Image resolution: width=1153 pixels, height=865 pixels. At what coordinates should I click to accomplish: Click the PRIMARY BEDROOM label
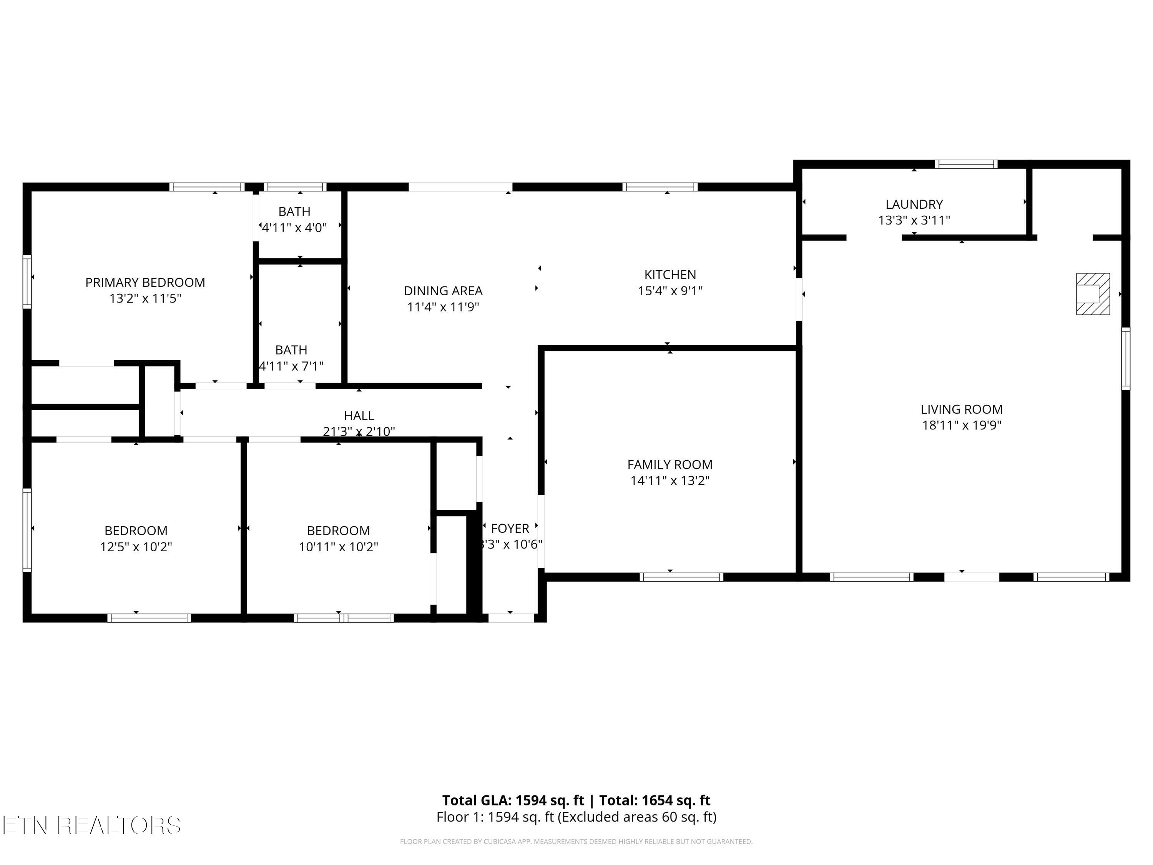pos(145,283)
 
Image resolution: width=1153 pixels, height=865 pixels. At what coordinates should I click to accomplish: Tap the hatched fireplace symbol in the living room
pos(1093,294)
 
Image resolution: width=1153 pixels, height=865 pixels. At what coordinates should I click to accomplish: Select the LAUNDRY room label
pos(914,205)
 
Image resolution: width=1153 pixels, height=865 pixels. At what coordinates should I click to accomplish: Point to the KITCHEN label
pos(670,275)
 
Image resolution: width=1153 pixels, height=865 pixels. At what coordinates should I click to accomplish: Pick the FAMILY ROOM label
pos(670,464)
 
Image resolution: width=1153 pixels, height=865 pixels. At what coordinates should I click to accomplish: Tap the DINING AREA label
pos(443,291)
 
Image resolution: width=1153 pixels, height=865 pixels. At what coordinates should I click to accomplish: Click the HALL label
pos(359,416)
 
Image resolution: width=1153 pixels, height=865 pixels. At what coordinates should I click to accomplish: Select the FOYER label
pos(510,529)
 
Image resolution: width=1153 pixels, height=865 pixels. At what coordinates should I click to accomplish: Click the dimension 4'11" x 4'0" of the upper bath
pos(294,228)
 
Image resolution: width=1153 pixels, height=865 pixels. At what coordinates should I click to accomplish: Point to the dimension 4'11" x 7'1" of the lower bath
pos(291,366)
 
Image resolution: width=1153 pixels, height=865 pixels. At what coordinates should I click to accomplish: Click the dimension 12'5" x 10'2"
pos(136,547)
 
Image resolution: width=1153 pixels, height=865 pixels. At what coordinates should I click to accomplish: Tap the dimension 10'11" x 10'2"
pos(338,547)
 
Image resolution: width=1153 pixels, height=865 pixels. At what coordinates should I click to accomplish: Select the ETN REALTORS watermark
pos(92,825)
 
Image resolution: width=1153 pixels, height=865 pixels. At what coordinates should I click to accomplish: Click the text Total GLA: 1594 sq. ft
pos(513,800)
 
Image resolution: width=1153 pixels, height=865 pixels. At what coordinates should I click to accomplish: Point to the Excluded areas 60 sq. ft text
pos(637,817)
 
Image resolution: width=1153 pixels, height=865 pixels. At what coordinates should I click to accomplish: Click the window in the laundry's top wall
pos(966,164)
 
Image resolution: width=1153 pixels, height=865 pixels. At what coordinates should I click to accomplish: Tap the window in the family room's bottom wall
pos(681,577)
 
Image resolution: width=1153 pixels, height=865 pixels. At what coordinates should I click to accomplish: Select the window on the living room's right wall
pos(1125,359)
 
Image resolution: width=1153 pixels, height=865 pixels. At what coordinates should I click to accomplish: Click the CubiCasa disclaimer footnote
pos(576,842)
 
